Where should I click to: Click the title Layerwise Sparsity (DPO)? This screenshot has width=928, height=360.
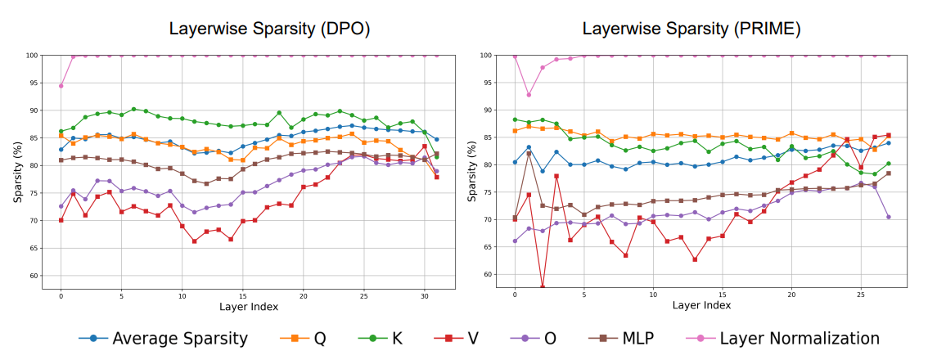[269, 29]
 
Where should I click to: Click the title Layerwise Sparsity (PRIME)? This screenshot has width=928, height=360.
[691, 29]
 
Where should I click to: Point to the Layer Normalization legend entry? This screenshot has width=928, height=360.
[786, 338]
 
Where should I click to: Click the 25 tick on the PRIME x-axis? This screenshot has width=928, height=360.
[861, 294]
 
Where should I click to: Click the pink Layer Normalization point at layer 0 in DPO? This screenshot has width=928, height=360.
[61, 86]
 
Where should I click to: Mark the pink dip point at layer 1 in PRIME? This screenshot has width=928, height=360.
[529, 95]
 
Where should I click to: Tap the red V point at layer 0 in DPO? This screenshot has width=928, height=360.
[61, 220]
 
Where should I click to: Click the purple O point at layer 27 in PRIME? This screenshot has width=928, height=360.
[888, 217]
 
